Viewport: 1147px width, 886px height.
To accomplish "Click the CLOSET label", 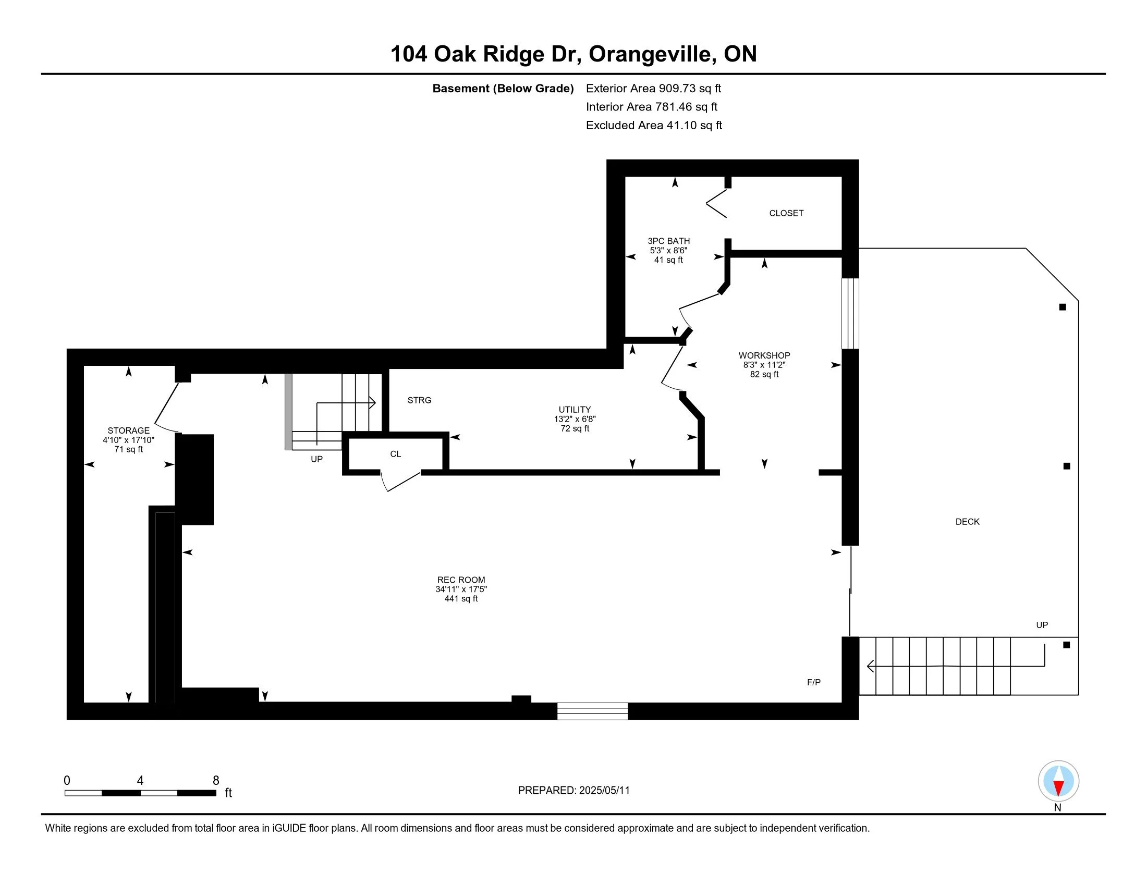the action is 786,213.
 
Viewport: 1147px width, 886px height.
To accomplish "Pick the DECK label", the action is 967,522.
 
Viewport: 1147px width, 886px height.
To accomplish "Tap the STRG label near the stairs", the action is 419,400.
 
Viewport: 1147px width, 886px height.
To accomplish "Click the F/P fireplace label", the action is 813,682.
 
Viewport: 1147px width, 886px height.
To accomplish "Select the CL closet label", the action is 396,454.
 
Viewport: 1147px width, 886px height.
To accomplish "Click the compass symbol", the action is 1058,781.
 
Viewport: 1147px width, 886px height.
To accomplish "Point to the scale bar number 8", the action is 216,781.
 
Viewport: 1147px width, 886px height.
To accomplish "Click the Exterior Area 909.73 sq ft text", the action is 653,88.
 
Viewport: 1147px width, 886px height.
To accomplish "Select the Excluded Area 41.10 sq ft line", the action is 654,125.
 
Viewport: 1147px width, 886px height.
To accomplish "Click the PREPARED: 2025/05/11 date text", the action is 573,791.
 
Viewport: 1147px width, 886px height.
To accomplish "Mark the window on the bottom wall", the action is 592,711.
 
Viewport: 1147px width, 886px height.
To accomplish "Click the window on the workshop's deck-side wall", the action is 850,313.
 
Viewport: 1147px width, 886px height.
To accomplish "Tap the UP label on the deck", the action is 1042,625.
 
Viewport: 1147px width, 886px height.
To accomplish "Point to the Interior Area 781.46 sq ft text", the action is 652,106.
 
